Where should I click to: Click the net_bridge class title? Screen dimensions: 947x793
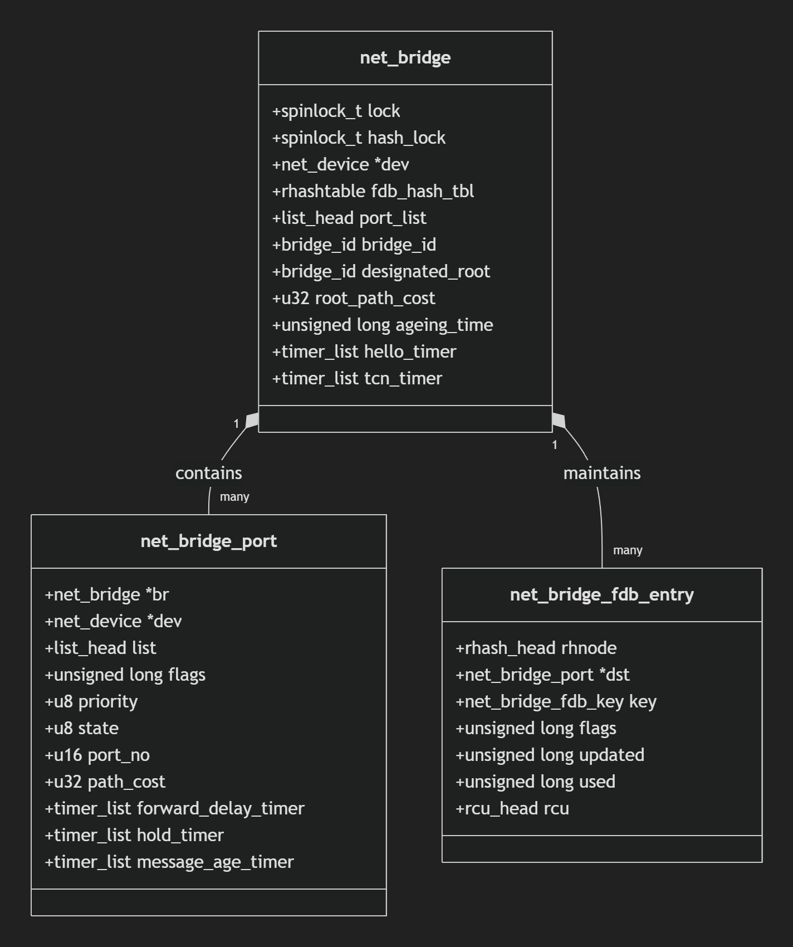point(405,58)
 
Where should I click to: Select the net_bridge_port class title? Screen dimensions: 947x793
point(208,541)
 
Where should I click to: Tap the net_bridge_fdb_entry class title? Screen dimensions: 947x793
point(601,595)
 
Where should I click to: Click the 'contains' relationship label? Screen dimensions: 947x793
point(208,473)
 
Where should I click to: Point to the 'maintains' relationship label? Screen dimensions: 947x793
point(601,473)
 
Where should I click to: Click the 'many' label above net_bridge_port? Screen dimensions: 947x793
point(234,497)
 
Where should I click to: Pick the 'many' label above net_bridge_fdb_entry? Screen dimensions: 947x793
point(628,550)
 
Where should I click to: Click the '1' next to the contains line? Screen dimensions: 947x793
point(236,424)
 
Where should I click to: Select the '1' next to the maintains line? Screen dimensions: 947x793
point(555,445)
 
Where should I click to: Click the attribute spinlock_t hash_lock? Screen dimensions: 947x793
point(359,138)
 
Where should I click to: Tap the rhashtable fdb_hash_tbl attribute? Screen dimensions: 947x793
point(373,192)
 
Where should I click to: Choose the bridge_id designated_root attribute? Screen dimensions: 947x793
point(381,272)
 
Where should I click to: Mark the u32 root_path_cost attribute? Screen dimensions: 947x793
point(353,299)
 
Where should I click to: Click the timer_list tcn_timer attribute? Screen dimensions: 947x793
point(357,379)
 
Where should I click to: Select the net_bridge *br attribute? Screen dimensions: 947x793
point(107,595)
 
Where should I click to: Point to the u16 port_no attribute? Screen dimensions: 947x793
point(97,755)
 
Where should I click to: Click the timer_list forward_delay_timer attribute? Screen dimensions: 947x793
point(174,809)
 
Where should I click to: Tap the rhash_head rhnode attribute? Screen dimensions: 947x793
point(536,648)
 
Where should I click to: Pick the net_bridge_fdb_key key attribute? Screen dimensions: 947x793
point(556,702)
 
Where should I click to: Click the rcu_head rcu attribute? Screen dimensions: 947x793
point(512,809)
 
